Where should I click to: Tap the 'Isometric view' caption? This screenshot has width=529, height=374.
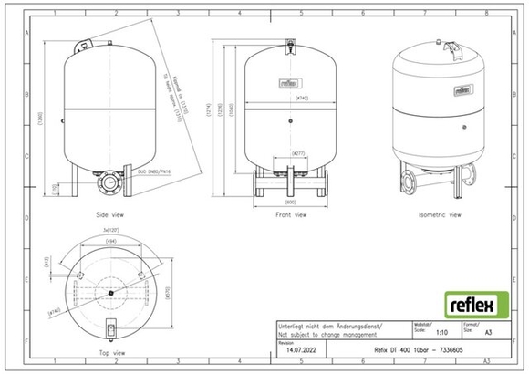[x=440, y=216]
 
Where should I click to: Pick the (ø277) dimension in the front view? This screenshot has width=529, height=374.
[x=297, y=153]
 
